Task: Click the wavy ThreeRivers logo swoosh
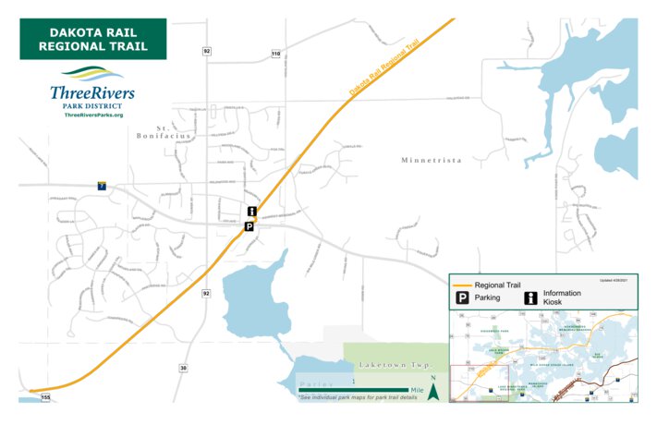coord(92,74)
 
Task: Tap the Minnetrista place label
coord(431,160)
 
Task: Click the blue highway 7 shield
coord(102,186)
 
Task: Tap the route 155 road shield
coord(45,396)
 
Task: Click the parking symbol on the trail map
coord(248,225)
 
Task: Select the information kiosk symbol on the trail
coord(250,212)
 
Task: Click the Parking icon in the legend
coord(459,297)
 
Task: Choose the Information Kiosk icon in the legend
coord(531,297)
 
